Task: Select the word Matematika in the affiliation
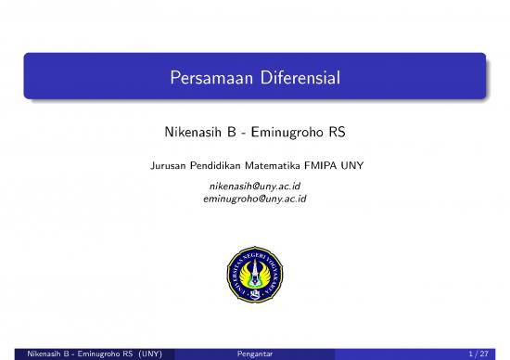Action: pos(274,166)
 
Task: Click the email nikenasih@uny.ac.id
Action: pos(255,186)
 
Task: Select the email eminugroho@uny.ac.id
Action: pos(255,198)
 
